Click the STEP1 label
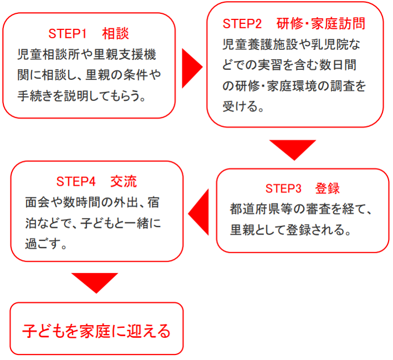68,34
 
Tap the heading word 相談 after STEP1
115,34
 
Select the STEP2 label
242,24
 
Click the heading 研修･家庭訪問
321,24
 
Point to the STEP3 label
283,189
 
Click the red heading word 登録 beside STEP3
328,189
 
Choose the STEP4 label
76,181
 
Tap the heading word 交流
124,181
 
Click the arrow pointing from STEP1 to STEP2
192,68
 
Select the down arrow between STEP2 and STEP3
293,150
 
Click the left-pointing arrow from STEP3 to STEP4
198,212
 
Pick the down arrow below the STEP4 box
95,283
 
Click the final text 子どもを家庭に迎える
96,331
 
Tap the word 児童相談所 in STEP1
49,55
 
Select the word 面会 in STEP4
38,202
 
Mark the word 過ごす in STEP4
43,244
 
